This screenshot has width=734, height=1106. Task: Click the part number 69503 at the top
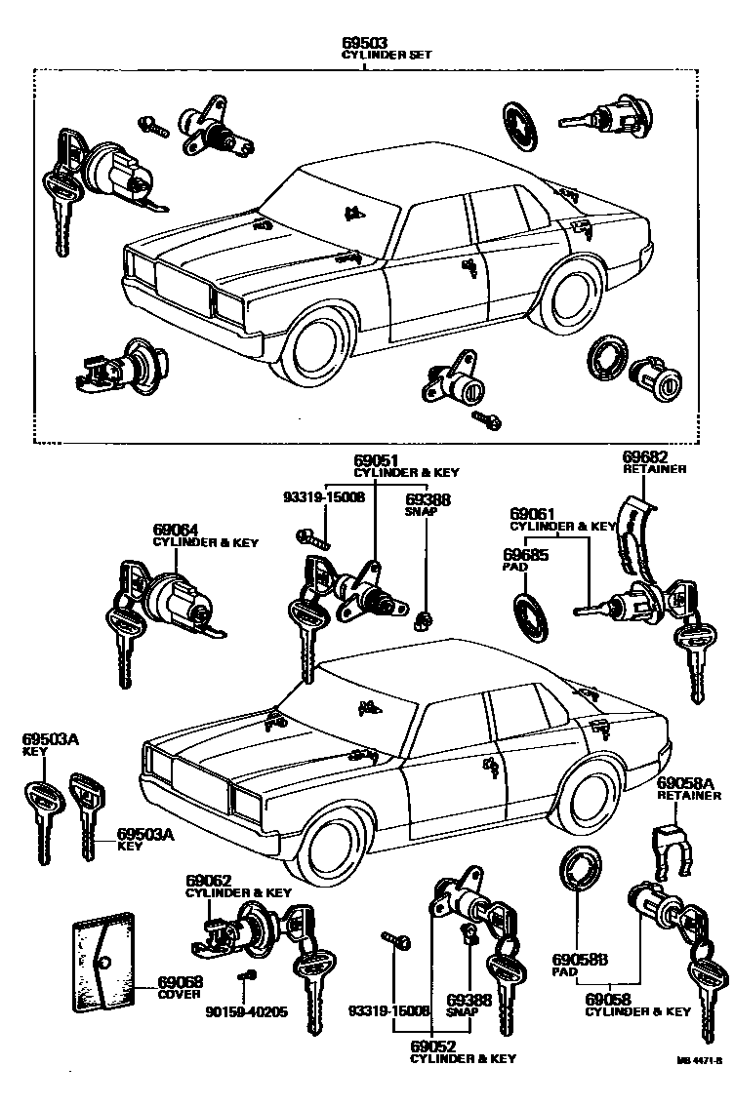tap(364, 42)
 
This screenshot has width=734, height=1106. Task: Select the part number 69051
tap(376, 460)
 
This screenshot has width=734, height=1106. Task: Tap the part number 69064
tap(175, 531)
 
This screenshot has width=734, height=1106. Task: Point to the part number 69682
tap(644, 456)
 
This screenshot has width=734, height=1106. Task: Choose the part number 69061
tap(532, 513)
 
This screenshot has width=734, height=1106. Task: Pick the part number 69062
tap(208, 880)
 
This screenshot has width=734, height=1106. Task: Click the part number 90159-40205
tap(246, 1011)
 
